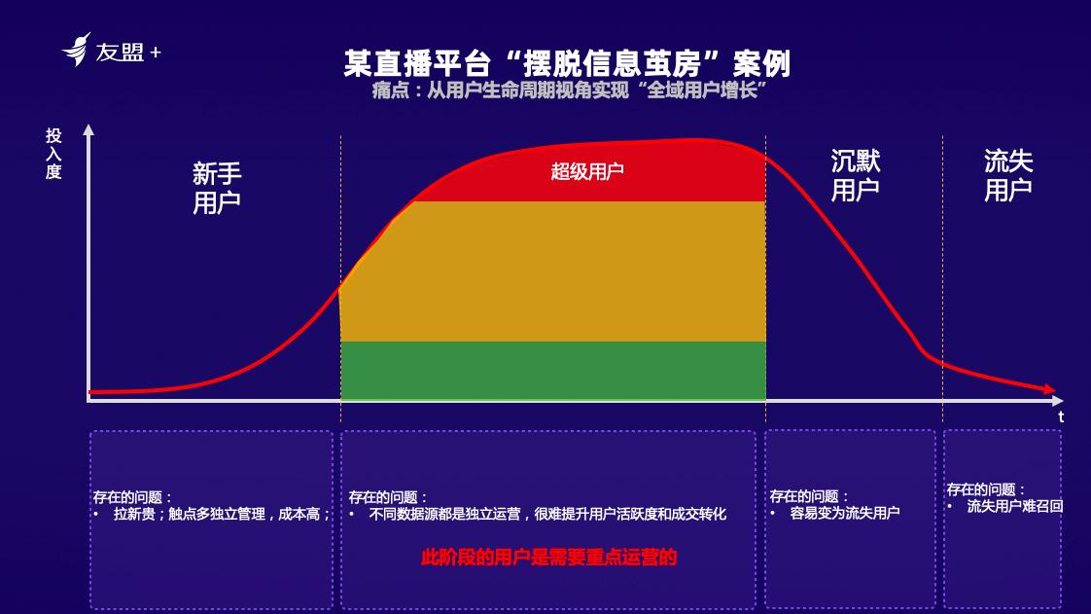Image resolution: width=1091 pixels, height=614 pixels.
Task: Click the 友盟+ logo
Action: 111,51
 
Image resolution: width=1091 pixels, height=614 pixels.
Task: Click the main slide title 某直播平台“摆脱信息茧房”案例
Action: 567,63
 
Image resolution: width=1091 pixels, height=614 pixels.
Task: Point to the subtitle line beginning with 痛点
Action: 569,90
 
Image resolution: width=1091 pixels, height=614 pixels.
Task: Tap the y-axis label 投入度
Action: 53,154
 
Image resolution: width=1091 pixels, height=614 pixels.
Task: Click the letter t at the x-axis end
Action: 1061,417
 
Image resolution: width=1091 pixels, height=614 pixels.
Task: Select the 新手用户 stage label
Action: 217,188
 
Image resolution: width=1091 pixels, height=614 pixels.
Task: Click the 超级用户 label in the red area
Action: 587,171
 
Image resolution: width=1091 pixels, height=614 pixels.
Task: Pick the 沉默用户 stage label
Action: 855,175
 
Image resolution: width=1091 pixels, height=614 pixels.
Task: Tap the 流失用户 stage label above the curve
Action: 1008,175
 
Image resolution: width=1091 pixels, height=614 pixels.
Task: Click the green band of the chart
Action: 553,371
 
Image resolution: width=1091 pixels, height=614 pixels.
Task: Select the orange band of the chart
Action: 553,271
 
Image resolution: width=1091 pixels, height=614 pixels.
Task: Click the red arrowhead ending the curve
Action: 1049,389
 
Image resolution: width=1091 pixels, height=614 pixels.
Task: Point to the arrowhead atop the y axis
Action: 88,130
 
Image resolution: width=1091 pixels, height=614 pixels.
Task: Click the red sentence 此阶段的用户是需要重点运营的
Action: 549,558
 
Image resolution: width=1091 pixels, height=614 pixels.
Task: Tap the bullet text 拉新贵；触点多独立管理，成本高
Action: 222,515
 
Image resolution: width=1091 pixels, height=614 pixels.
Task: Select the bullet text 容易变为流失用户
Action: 845,513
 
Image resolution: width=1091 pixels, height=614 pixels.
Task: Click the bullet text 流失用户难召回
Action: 1014,506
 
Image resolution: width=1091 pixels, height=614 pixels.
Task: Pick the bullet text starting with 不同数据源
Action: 547,515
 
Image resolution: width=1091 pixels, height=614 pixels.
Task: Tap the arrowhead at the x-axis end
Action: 1058,400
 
